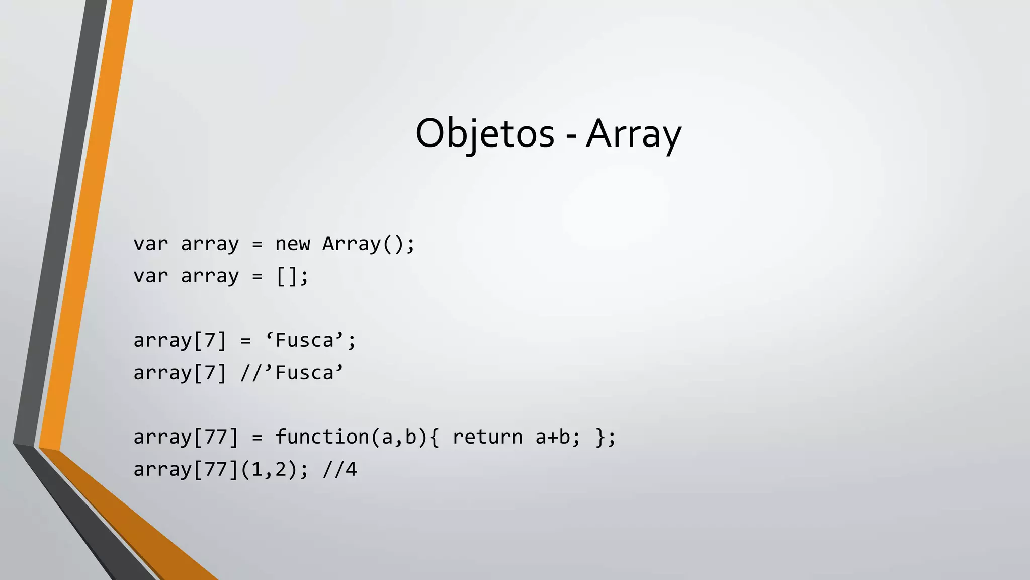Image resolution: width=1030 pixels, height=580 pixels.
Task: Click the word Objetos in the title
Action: point(484,133)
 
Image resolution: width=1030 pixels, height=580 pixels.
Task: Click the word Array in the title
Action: point(634,133)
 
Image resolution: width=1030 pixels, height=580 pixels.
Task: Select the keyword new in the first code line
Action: point(292,244)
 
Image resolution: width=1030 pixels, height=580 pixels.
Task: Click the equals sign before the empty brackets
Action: point(257,276)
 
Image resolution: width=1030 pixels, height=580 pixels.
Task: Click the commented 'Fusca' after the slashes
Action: point(305,373)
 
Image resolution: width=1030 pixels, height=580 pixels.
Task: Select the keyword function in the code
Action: point(322,437)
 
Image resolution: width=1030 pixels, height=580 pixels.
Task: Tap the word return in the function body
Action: point(487,437)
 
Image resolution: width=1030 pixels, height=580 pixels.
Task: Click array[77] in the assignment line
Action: point(186,437)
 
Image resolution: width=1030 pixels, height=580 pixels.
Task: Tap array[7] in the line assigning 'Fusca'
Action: point(180,341)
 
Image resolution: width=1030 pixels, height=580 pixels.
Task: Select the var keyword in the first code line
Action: point(150,244)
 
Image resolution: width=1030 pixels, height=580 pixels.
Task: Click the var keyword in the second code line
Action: point(150,276)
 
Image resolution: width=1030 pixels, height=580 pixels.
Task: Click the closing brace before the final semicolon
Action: point(600,437)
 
